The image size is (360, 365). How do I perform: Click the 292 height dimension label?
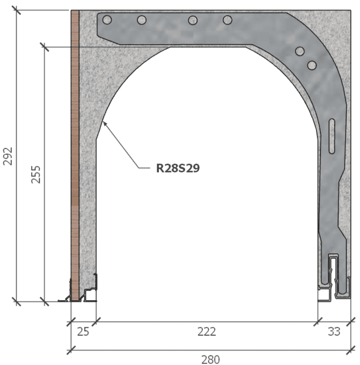tap(7, 155)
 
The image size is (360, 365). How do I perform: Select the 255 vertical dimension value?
tap(36, 174)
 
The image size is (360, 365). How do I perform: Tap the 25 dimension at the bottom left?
tap(84, 331)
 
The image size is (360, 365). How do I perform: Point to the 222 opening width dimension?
tap(206, 331)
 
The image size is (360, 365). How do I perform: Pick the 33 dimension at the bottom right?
tap(334, 331)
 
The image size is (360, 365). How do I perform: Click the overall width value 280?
tap(210, 359)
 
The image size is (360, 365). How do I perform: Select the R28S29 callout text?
tap(178, 168)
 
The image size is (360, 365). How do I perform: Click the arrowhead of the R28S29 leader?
tap(103, 122)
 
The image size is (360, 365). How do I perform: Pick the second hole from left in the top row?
tap(142, 20)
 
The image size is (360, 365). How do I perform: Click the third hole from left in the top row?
tap(192, 20)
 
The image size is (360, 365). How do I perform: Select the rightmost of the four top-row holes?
tap(228, 20)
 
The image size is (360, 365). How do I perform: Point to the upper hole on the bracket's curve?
tap(299, 52)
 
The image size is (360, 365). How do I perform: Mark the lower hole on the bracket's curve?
tap(311, 65)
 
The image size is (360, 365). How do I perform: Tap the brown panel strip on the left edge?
tap(75, 149)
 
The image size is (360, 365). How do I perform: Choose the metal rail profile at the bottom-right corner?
tap(334, 281)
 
